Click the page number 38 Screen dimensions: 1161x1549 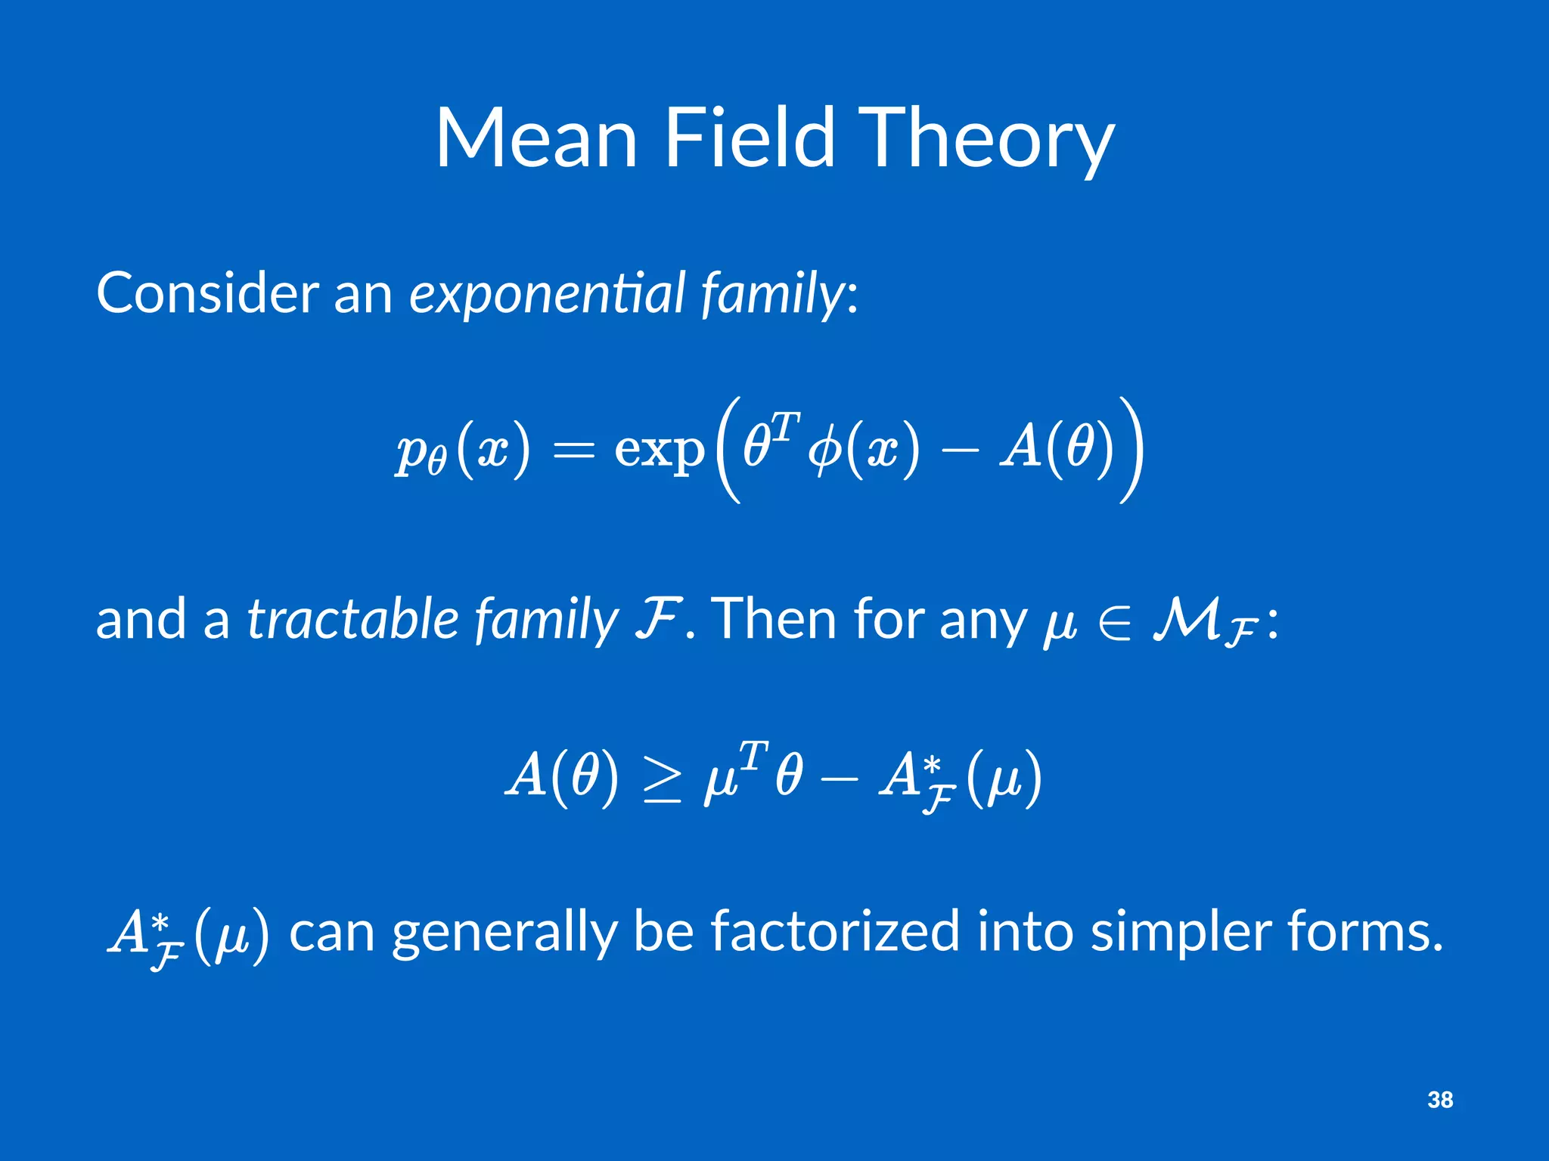[1440, 1100]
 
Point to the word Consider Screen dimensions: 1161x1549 [207, 293]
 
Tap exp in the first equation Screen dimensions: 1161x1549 [659, 451]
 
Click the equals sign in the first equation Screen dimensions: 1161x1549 [573, 451]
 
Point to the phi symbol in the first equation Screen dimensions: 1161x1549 [825, 451]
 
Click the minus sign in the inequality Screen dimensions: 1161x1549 [838, 779]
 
